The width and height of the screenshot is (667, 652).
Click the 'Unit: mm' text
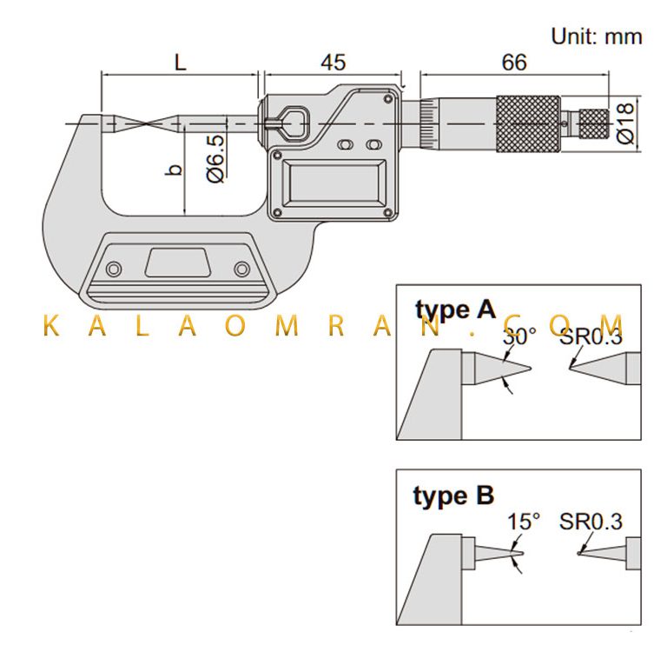(597, 37)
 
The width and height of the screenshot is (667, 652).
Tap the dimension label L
(181, 63)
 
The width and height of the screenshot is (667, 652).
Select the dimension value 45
(333, 63)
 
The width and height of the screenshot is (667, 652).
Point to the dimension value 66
(514, 63)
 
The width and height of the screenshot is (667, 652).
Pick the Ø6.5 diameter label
(215, 159)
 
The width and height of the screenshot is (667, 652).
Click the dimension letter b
(174, 170)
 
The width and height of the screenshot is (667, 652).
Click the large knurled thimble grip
(528, 124)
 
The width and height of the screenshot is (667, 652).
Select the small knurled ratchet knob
(594, 124)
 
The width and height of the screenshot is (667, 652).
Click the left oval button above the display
(346, 145)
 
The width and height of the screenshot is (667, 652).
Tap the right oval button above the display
(374, 145)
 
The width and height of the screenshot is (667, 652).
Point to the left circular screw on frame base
(114, 269)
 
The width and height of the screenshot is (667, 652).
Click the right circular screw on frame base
(242, 269)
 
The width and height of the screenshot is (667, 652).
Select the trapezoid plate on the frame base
(178, 263)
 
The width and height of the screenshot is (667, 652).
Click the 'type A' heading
(455, 309)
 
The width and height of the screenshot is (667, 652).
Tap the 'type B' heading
(453, 496)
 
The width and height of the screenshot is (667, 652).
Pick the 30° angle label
(519, 336)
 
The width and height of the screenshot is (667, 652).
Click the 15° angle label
(524, 522)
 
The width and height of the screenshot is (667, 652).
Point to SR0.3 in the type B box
(591, 522)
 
